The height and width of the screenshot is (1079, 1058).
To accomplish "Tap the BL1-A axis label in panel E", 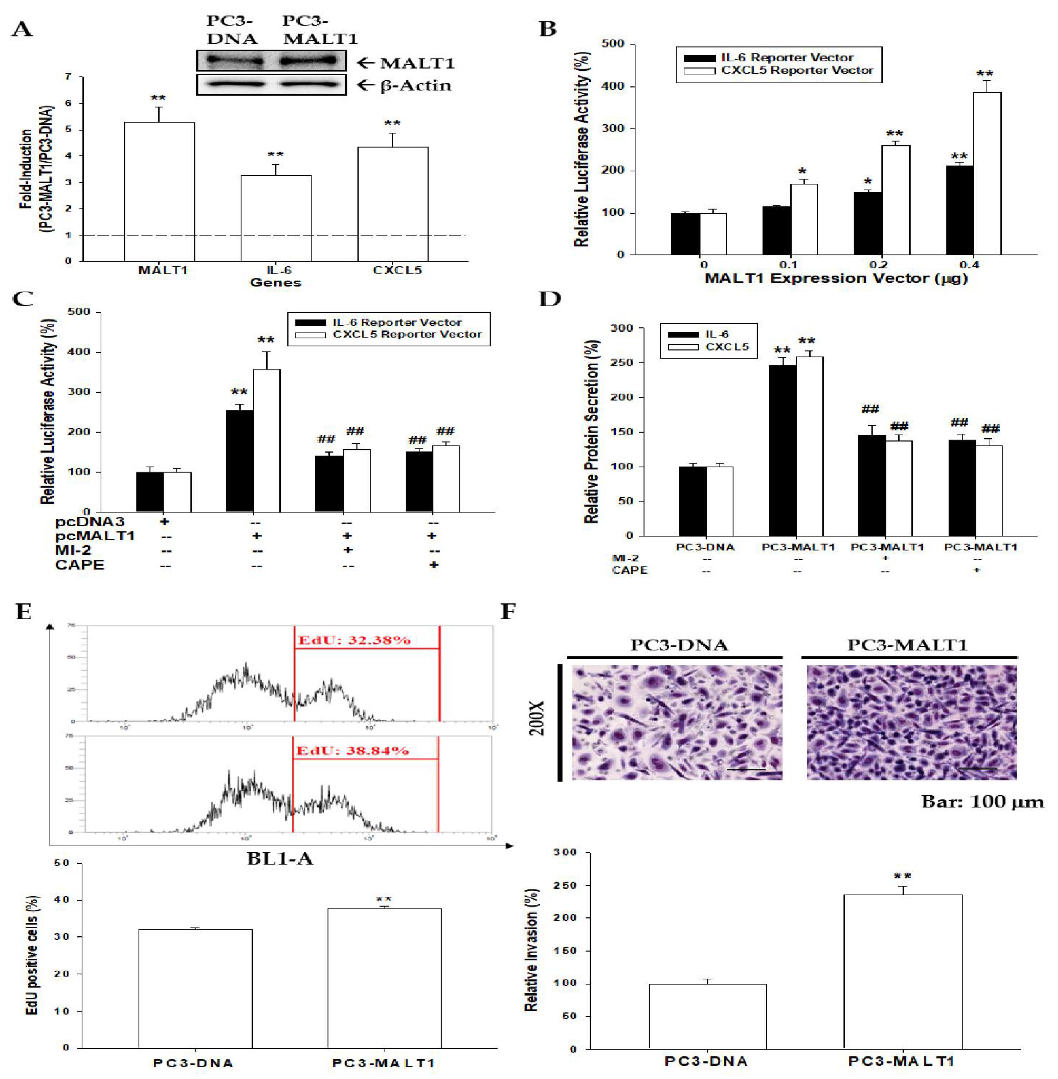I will pos(280,859).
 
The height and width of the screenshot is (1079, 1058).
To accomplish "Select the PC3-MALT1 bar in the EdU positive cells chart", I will pos(385,978).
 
